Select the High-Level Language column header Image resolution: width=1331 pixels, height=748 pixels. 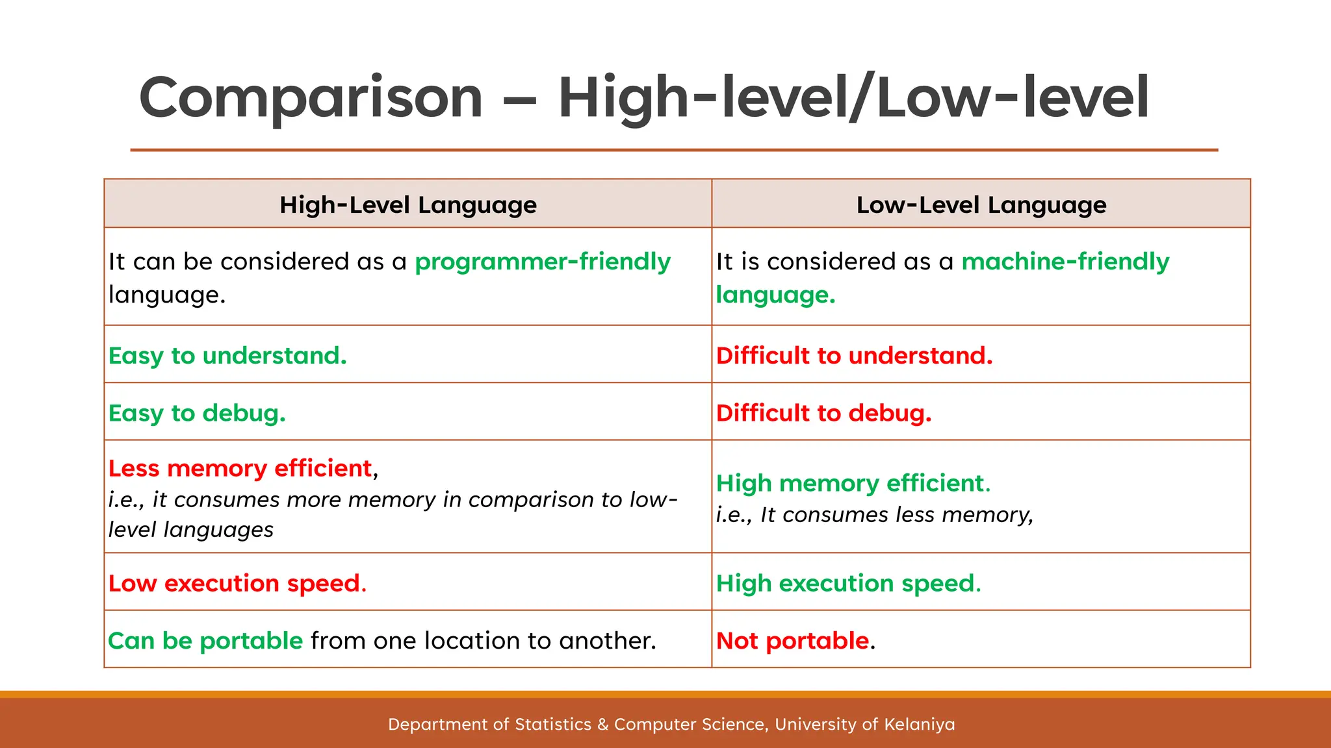point(407,205)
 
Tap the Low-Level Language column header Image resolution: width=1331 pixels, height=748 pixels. point(981,205)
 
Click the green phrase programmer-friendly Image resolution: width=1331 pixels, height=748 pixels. point(542,262)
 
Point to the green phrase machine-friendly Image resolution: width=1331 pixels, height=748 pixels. point(1065,262)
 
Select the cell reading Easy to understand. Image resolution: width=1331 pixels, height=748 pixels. point(227,355)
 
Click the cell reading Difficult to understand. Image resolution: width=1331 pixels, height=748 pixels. point(854,355)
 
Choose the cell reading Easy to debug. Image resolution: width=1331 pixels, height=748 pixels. point(197,413)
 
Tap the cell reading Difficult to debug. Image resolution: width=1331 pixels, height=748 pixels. point(823,413)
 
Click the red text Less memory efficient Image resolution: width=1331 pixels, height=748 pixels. point(240,468)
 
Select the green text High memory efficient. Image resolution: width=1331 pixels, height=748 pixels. point(853,483)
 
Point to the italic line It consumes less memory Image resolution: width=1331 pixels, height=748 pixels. point(874,515)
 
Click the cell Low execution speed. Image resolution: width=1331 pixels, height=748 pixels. point(237,583)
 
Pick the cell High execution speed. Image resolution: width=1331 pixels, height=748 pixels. point(848,583)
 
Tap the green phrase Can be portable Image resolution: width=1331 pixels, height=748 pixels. point(205,641)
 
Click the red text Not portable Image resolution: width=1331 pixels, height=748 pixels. point(792,641)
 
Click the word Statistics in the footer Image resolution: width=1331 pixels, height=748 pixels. point(552,724)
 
